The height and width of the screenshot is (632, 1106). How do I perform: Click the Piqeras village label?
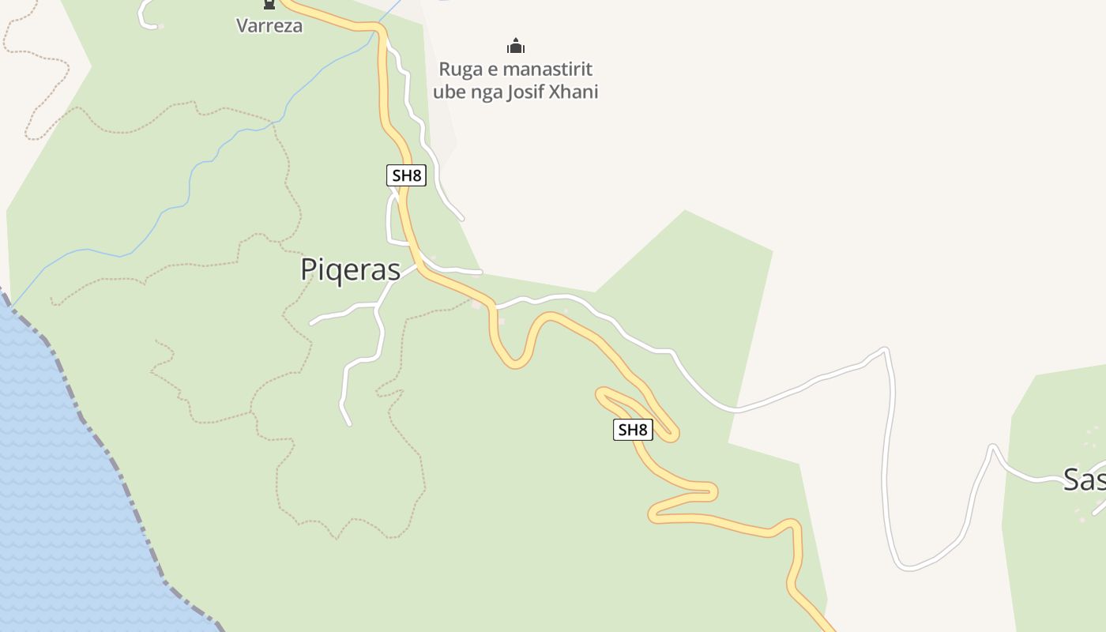pos(350,269)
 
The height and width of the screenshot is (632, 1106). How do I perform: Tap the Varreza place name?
pos(269,25)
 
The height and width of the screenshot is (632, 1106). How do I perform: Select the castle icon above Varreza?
pos(269,5)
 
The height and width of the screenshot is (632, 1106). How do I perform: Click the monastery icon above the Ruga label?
pos(516,47)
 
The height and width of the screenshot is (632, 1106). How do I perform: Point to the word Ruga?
pos(461,70)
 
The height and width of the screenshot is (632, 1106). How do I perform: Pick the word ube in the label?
pos(447,92)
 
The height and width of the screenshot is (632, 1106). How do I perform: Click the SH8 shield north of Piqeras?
pos(406,175)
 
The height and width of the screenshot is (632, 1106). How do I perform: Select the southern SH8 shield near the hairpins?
pos(633,430)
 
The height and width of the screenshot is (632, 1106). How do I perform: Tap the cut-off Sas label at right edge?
pos(1084,480)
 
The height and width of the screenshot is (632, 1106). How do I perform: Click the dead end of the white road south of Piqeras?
pos(349,423)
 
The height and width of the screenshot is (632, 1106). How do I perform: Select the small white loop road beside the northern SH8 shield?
pos(389,221)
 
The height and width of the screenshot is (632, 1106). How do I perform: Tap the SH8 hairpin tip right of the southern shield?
pos(672,434)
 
